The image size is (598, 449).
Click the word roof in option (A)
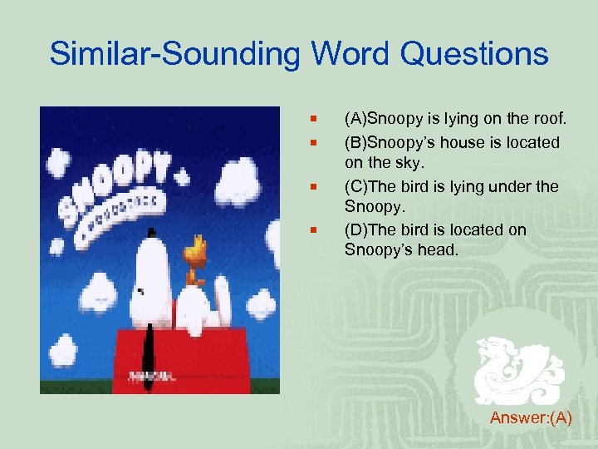tap(547, 121)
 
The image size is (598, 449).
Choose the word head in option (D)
tap(435, 251)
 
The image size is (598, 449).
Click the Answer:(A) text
tap(531, 417)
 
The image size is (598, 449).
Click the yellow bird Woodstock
tap(197, 254)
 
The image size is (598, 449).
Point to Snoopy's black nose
tap(142, 292)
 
